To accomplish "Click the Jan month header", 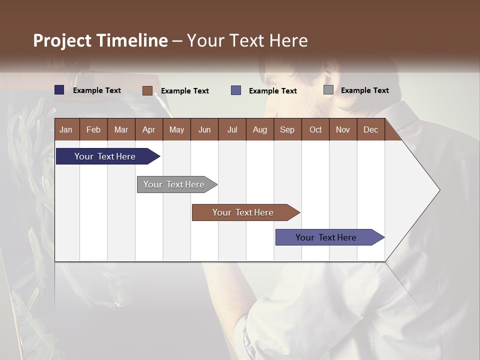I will click(66, 129).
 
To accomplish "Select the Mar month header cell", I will click(121, 129).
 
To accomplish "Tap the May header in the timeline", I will click(176, 129).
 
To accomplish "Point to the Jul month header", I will click(232, 129).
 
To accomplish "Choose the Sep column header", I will click(287, 129).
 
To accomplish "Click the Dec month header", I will click(370, 129).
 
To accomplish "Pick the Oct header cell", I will click(315, 129).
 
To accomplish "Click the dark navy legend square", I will click(59, 90).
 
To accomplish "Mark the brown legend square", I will click(147, 90).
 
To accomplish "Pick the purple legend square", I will click(236, 90).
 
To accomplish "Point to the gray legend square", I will click(328, 90).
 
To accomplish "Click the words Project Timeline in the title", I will click(100, 40).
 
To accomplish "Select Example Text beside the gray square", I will click(364, 90).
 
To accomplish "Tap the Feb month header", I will click(93, 129).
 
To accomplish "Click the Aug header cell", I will click(259, 129).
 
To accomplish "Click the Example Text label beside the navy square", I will click(96, 90).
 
